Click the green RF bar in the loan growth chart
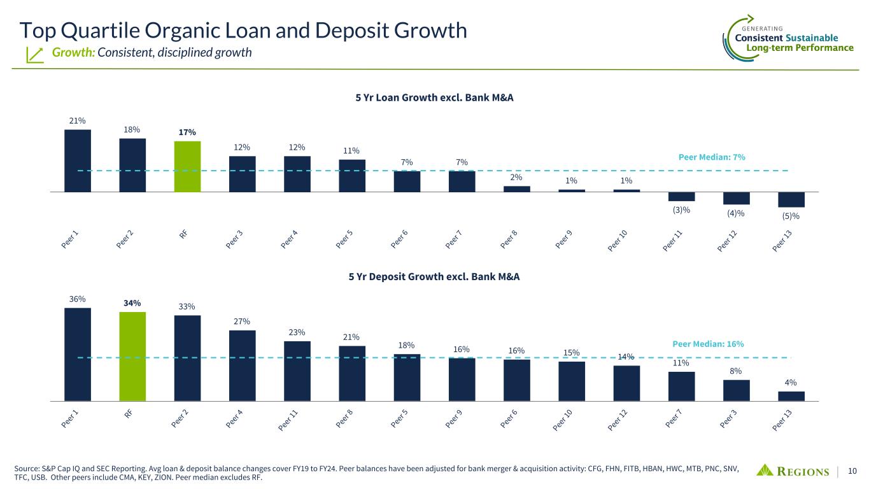pyautogui.click(x=187, y=166)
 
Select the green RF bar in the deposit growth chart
pyautogui.click(x=132, y=357)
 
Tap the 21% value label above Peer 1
pyautogui.click(x=78, y=120)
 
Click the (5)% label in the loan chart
pyautogui.click(x=791, y=217)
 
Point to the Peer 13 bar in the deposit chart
pyautogui.click(x=791, y=396)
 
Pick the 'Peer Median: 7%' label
pyautogui.click(x=711, y=157)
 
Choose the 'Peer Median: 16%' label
pyautogui.click(x=708, y=344)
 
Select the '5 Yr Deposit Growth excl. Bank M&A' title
pyautogui.click(x=434, y=277)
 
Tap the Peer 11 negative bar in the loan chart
pyautogui.click(x=681, y=196)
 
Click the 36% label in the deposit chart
pyautogui.click(x=78, y=299)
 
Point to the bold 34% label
pyautogui.click(x=132, y=302)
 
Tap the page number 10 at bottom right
pyautogui.click(x=852, y=471)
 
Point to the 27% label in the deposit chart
pyautogui.click(x=242, y=321)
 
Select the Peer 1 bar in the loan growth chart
pyautogui.click(x=78, y=160)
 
